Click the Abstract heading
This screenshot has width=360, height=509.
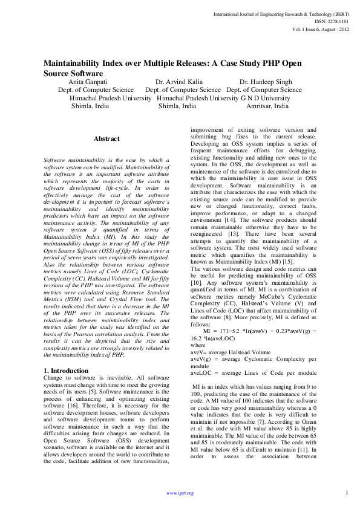click(x=106, y=139)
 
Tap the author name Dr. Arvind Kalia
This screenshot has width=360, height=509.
click(x=179, y=81)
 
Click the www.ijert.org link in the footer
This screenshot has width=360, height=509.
click(x=180, y=493)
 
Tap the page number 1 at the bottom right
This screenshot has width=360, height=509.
click(x=346, y=492)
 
